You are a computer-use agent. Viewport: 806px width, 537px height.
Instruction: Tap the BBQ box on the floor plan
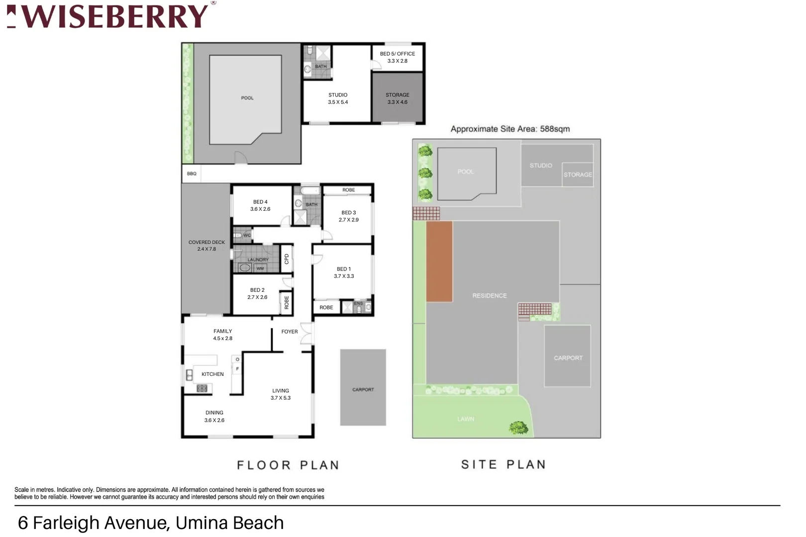tap(192, 174)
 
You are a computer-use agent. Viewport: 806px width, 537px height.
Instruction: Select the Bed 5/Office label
tap(397, 57)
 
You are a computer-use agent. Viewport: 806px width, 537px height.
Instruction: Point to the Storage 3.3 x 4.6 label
tap(397, 98)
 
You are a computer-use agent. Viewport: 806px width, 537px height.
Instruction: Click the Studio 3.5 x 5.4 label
tap(338, 98)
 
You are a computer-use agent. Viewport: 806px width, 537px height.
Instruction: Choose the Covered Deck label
tap(206, 246)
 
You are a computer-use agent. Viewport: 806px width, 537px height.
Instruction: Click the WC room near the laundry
tap(243, 235)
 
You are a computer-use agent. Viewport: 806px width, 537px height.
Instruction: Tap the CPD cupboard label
tap(287, 259)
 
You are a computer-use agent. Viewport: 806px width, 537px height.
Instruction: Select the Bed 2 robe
tap(287, 302)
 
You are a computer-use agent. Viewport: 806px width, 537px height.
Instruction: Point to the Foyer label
tap(290, 332)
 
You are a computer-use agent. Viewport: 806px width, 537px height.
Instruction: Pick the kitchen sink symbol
tap(189, 375)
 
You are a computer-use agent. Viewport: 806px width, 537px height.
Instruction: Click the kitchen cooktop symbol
tap(202, 388)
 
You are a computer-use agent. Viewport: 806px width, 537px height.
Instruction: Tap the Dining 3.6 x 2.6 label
tap(214, 416)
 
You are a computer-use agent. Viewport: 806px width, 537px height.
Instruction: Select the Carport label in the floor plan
tap(363, 389)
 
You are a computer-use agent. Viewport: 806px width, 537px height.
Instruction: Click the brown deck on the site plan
tap(439, 262)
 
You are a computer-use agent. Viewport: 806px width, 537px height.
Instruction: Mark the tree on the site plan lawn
tap(518, 427)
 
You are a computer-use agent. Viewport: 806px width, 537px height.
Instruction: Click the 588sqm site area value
tap(555, 129)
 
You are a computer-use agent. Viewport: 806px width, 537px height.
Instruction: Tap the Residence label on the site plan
tap(490, 295)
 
